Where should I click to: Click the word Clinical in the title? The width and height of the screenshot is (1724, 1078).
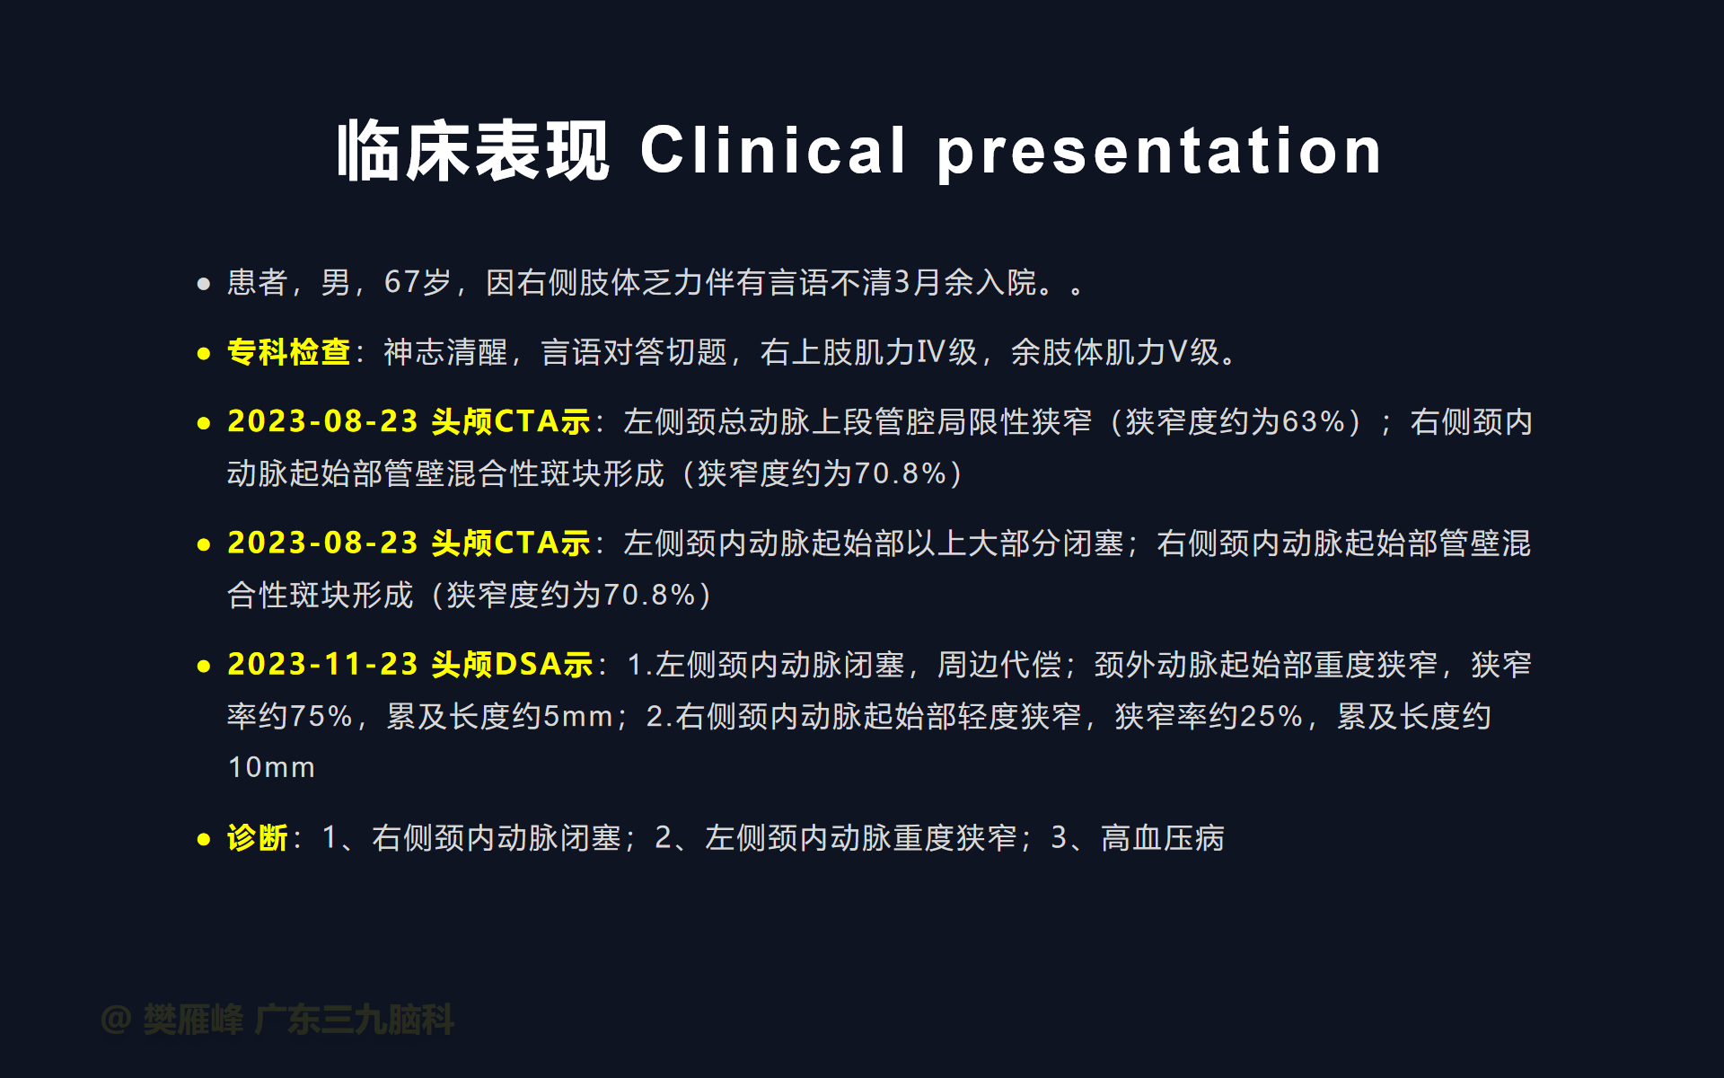click(773, 150)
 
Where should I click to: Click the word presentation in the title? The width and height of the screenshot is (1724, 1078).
click(1159, 153)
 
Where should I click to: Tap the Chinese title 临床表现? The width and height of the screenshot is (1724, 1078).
click(473, 151)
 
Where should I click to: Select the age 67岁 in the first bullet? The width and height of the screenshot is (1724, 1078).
click(418, 282)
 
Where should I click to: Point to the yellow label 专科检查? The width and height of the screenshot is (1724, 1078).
click(288, 351)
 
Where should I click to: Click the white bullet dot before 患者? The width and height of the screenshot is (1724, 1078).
click(204, 284)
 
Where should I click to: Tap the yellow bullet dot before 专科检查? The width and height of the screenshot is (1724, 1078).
click(204, 354)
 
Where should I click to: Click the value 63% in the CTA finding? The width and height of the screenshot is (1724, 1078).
click(1314, 421)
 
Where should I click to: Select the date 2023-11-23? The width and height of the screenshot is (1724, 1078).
click(322, 664)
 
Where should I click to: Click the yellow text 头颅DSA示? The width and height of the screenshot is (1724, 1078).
click(512, 664)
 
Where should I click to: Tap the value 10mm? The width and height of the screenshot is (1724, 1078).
click(271, 767)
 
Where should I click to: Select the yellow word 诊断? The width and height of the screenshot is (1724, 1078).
click(258, 837)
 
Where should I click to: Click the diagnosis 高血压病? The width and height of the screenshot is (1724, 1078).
click(1163, 837)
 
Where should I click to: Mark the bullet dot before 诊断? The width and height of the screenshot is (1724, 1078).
click(204, 840)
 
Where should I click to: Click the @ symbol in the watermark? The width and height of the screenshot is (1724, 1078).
click(117, 1020)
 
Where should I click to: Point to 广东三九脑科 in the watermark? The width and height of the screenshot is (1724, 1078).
click(355, 1020)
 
